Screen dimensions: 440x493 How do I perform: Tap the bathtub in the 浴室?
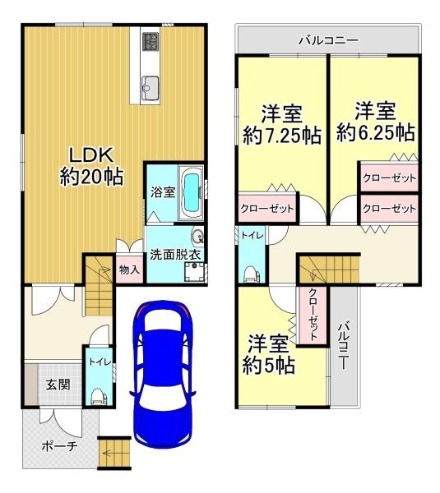tap(191, 193)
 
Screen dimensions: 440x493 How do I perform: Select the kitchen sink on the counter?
tap(151, 88)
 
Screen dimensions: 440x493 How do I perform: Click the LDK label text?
tap(91, 154)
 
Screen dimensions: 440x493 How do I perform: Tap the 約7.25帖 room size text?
tap(282, 136)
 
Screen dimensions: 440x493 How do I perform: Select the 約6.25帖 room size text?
tap(376, 132)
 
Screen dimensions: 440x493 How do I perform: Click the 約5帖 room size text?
tap(268, 365)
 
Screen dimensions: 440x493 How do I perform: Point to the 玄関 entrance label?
tap(58, 385)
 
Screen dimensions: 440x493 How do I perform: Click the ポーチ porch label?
tap(59, 446)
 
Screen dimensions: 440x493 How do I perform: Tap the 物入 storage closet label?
tap(129, 270)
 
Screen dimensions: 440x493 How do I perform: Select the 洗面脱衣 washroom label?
tap(175, 255)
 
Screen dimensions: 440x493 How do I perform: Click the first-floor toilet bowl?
tap(98, 397)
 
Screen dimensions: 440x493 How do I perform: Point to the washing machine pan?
tap(194, 271)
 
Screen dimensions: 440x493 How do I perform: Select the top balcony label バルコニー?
tap(329, 40)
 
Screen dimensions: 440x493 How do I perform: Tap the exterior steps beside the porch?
tap(114, 453)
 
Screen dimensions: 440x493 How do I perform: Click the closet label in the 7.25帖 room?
tap(267, 209)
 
